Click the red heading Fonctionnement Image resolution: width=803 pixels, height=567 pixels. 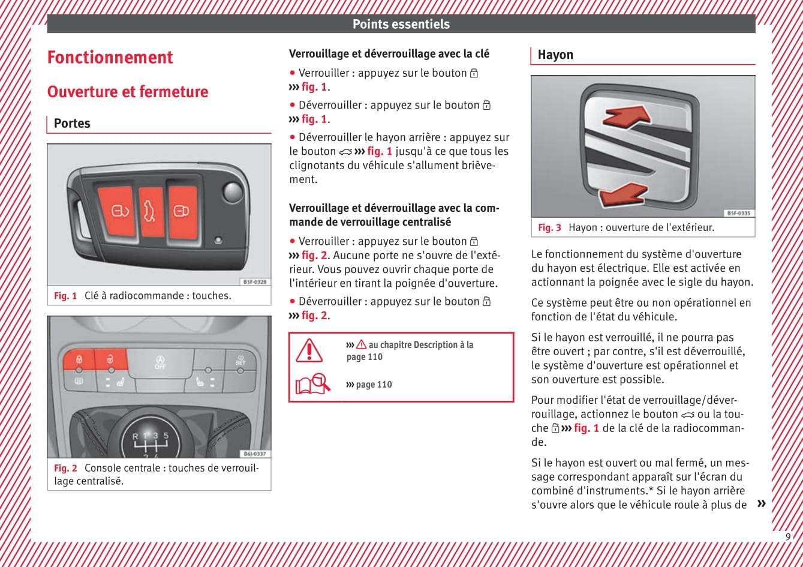pos(110,58)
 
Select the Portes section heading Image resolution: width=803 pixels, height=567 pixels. pos(72,124)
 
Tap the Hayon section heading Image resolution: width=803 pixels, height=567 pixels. pos(555,55)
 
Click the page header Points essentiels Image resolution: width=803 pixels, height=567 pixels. pos(401,25)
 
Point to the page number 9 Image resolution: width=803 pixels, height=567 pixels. pos(788,537)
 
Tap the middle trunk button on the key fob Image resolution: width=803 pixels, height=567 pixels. pos(151,212)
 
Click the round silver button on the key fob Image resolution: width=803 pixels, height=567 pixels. pos(232,192)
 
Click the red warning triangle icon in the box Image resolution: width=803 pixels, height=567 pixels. pos(309,350)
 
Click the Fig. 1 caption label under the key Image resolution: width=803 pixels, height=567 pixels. pos(65,296)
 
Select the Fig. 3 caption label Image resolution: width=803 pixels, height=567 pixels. pos(549,228)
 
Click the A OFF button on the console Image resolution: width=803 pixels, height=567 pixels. pos(160,362)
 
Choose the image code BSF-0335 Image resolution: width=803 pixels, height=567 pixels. pos(739,213)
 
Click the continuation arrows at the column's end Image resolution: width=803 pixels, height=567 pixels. pos(761,503)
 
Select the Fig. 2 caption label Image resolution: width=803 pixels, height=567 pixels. pos(65,468)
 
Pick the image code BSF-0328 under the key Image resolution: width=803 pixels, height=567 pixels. pos(255,281)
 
